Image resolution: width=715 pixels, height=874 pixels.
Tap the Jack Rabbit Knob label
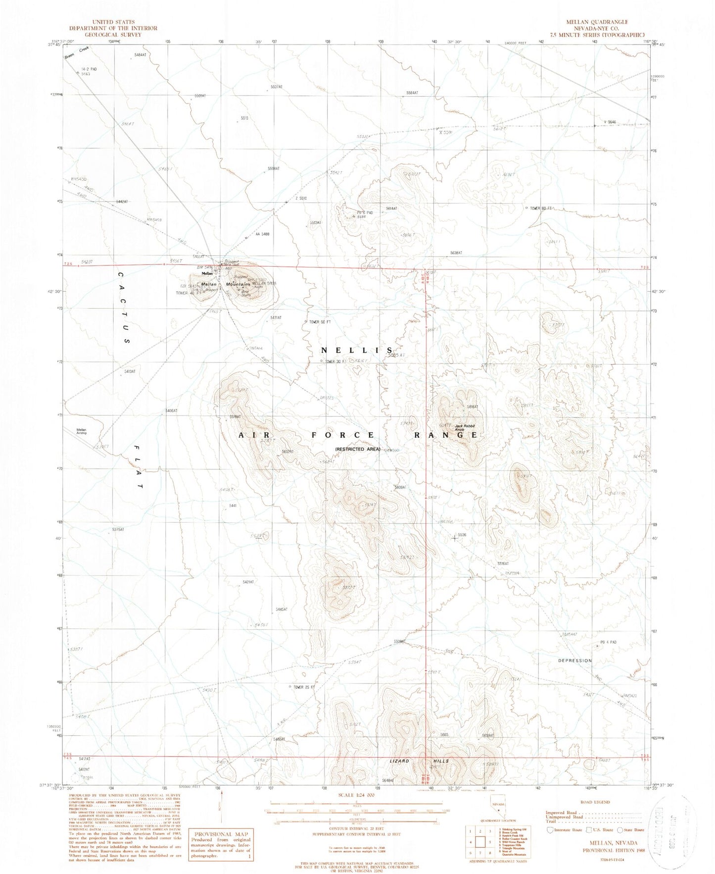coord(465,427)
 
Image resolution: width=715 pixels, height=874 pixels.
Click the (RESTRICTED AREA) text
coord(357,449)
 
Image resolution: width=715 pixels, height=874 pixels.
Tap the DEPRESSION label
coord(574,661)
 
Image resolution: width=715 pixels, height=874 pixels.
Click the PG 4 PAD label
coord(609,642)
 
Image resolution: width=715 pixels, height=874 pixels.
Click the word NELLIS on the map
coord(357,350)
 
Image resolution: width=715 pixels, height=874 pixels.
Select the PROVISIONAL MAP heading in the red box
coord(217,834)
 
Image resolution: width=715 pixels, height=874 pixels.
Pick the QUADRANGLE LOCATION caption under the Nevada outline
coord(497,834)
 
